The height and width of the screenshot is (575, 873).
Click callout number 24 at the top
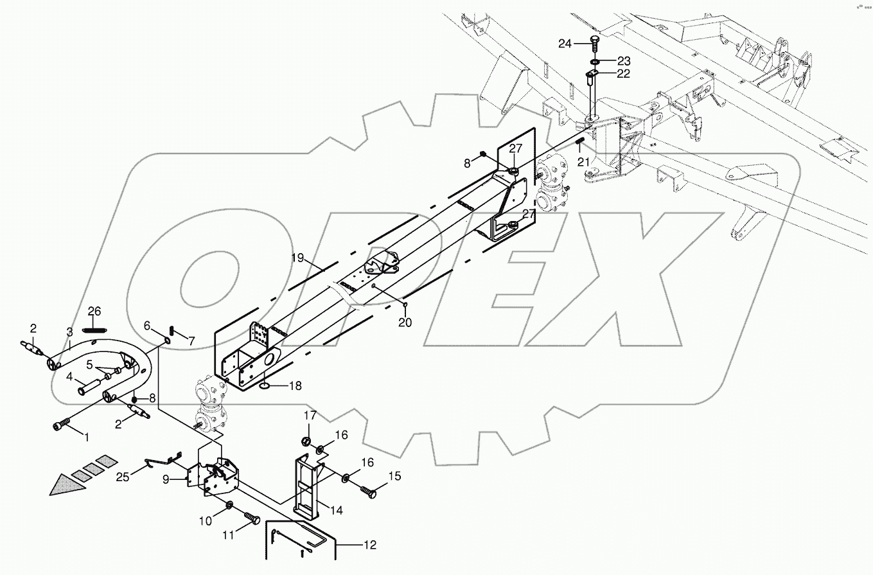(x=565, y=44)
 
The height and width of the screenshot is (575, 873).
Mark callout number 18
(x=295, y=386)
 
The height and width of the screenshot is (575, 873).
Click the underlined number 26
(x=94, y=312)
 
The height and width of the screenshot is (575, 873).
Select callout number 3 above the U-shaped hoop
(x=69, y=332)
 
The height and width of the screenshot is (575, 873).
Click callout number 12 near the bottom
(x=369, y=545)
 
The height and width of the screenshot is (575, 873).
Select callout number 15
(x=394, y=476)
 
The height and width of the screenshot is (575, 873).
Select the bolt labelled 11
(x=251, y=516)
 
